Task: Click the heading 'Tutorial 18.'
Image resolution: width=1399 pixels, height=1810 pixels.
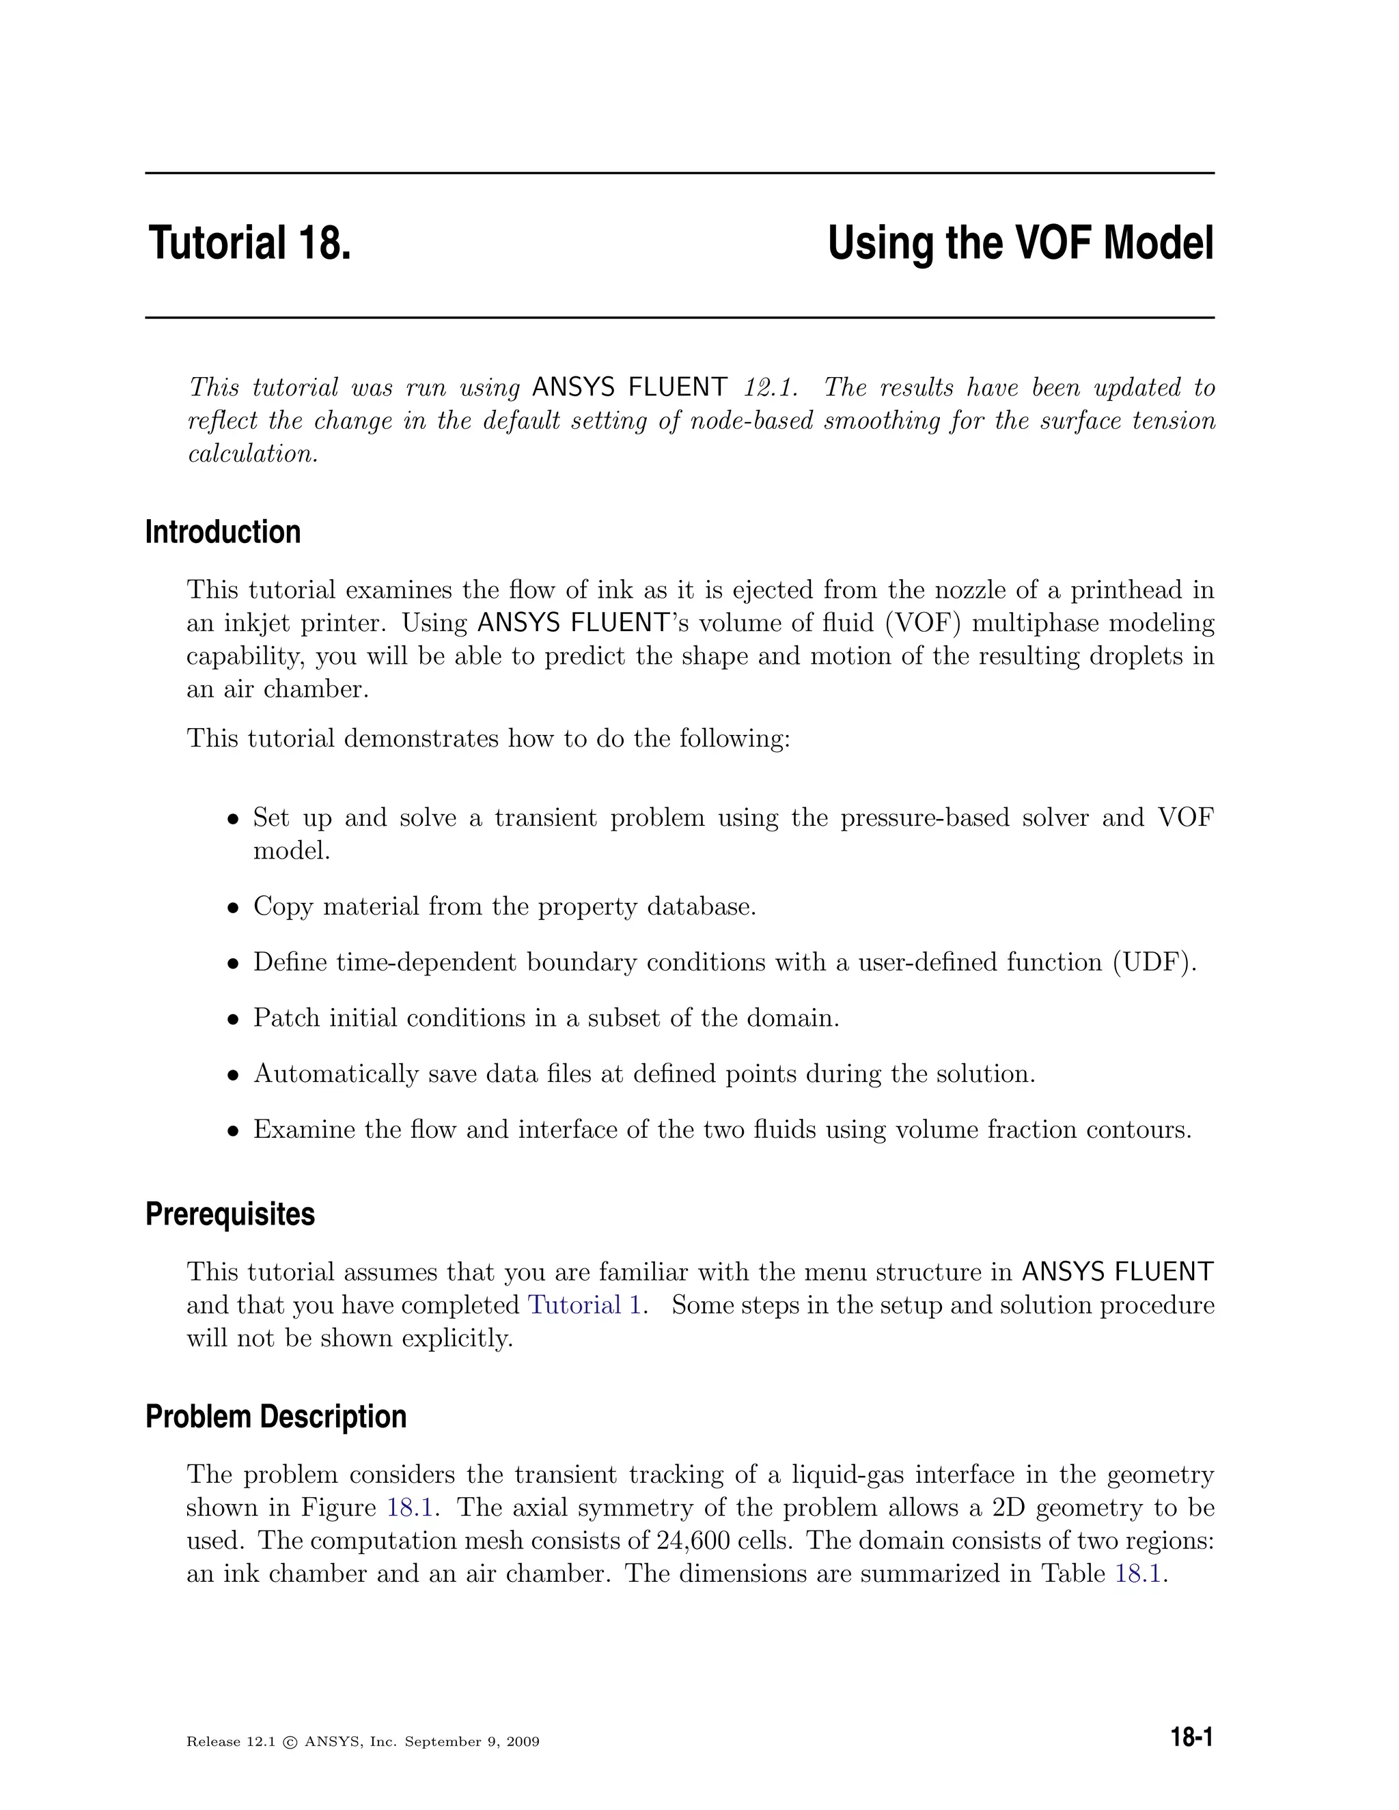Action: coord(249,244)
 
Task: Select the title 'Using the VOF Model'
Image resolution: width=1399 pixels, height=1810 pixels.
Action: coord(1021,244)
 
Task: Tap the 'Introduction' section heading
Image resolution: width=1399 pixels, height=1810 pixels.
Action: coord(223,532)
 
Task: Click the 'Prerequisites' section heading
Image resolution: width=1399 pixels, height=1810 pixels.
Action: coord(230,1214)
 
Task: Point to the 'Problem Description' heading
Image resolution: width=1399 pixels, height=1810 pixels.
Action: coord(276,1417)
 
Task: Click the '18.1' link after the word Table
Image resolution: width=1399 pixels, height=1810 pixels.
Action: coord(1138,1573)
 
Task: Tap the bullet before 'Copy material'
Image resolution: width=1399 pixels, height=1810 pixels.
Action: coord(234,908)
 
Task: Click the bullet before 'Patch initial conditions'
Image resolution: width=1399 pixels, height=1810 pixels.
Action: coord(234,1019)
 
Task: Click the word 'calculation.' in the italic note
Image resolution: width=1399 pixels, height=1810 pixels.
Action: coord(253,454)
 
